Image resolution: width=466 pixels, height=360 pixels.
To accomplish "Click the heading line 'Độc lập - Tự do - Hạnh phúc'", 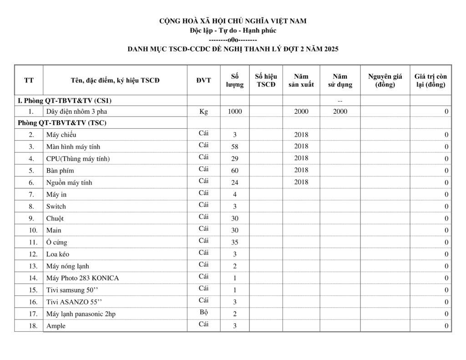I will click(233, 30).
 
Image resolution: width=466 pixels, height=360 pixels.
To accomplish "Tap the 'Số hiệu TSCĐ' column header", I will click(266, 81).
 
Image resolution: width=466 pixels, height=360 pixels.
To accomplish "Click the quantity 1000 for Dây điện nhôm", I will click(235, 112).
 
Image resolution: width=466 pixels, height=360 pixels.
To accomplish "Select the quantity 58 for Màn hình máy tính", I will click(235, 147).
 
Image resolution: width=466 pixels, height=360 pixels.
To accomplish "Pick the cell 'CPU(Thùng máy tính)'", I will click(78, 159).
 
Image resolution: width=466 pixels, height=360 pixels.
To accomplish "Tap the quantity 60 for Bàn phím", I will click(235, 171).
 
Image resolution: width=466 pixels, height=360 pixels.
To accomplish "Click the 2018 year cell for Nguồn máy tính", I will click(301, 182).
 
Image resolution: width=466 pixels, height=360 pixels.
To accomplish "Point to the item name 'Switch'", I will click(56, 206).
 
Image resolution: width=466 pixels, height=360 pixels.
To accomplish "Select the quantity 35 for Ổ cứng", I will click(235, 242).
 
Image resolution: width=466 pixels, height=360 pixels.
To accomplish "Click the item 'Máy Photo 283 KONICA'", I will click(82, 278).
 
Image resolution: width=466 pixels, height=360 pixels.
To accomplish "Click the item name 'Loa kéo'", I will click(58, 254).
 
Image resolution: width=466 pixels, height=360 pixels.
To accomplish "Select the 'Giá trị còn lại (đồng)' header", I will click(430, 81).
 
